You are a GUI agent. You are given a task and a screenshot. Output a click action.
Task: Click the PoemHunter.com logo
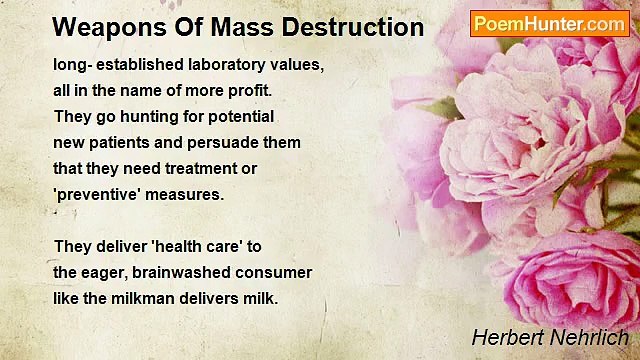[x=549, y=23]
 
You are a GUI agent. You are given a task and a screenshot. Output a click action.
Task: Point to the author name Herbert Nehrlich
[x=551, y=338]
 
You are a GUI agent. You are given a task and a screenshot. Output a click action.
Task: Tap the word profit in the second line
[x=249, y=90]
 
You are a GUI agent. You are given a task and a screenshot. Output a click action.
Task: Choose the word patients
[x=123, y=142]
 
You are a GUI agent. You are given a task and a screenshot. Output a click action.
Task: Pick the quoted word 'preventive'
[x=98, y=194]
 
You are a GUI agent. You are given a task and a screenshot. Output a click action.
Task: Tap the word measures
[x=190, y=194]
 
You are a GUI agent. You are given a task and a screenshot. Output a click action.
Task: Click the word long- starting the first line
[x=72, y=64]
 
